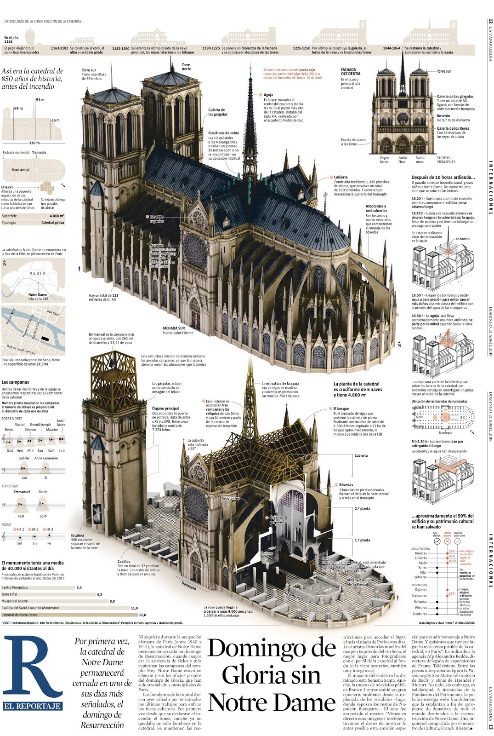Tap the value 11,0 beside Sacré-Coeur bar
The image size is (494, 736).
tap(134, 608)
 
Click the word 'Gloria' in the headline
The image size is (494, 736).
tap(271, 675)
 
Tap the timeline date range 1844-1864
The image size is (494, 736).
tap(392, 48)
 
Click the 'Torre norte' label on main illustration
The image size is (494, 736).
tap(186, 67)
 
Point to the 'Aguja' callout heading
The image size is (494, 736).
tap(268, 95)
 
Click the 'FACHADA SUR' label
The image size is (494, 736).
tap(174, 328)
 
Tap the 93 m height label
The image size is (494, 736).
tap(40, 100)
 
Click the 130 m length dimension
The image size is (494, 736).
tap(34, 143)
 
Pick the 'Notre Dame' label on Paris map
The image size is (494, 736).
tap(37, 295)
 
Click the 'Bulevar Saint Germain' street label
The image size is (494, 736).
tap(21, 350)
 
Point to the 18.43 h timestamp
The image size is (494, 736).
tap(417, 213)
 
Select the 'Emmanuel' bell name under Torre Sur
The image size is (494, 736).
tap(21, 492)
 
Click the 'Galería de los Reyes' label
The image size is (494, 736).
tap(453, 128)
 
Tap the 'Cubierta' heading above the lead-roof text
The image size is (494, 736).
tap(341, 177)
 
